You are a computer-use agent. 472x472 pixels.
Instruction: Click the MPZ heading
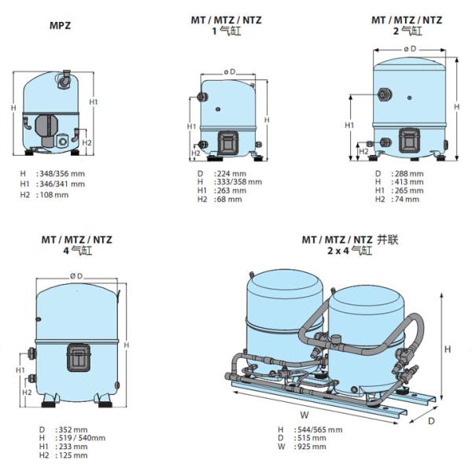61,26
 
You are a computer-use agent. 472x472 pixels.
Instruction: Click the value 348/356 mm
62,174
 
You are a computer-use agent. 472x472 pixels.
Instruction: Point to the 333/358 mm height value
240,182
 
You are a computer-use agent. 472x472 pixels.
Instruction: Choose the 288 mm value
409,174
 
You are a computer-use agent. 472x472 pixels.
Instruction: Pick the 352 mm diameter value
73,430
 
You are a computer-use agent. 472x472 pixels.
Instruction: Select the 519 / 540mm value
82,437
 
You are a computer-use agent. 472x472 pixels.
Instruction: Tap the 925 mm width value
312,446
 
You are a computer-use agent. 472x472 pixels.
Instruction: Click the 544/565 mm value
320,430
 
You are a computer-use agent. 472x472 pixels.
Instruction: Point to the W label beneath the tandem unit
304,415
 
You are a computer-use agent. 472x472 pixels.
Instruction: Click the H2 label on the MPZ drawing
87,142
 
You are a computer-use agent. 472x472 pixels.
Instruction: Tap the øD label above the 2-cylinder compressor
410,49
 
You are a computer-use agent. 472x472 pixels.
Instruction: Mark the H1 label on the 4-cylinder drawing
20,370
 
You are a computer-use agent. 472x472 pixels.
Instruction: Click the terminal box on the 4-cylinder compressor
79,358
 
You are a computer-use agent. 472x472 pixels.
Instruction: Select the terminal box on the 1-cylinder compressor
228,142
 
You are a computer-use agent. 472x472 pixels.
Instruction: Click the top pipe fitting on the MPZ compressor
65,79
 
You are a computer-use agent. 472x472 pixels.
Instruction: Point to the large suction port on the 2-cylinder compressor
385,95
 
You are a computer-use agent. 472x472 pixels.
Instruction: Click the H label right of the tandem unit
448,349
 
